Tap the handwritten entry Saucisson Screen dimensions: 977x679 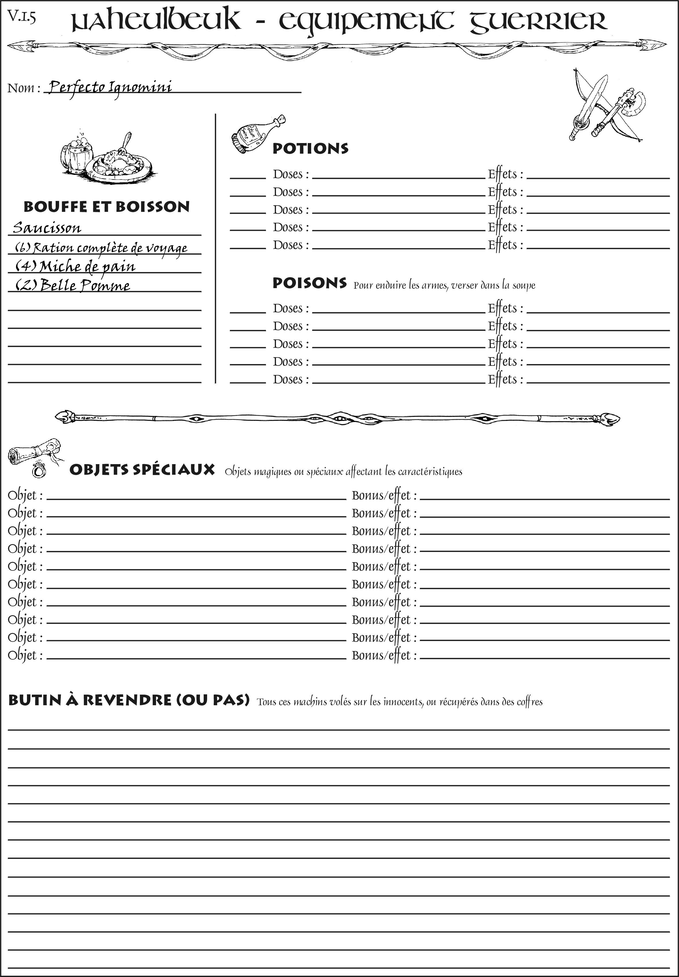click(47, 228)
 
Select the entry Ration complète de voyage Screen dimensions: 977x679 click(101, 247)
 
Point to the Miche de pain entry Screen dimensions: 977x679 click(75, 267)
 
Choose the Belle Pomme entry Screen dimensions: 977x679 click(73, 285)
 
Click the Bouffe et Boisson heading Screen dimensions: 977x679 click(106, 207)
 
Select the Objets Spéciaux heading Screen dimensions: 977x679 click(142, 470)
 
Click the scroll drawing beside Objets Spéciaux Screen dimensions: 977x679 click(34, 452)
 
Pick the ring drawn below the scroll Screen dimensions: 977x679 click(39, 471)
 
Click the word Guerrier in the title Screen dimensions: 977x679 click(538, 21)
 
